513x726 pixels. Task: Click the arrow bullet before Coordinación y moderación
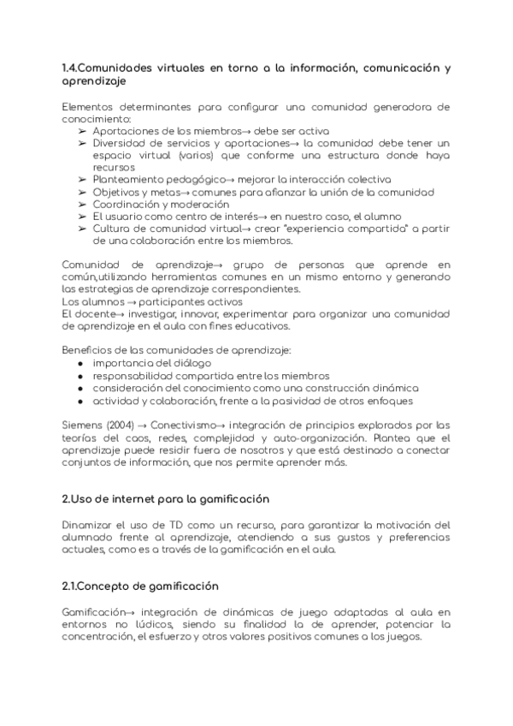pyautogui.click(x=81, y=205)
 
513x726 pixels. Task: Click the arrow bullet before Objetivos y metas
pyautogui.click(x=81, y=192)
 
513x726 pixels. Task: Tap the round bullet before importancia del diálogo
pyautogui.click(x=80, y=363)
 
